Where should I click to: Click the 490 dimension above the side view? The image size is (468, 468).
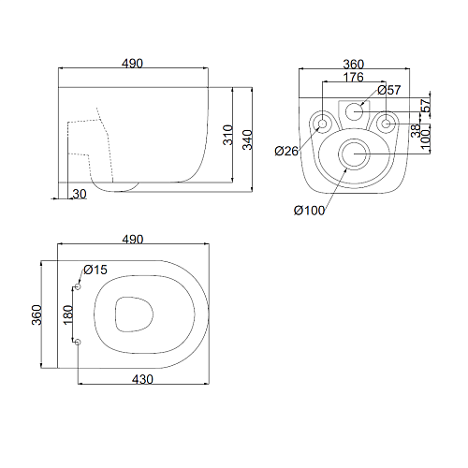coord(132,64)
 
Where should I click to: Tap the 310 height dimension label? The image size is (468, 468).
coord(228,135)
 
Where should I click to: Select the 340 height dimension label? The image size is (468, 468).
coord(248,140)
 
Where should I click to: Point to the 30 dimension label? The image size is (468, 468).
coord(80,194)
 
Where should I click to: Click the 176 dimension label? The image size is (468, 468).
coord(354,77)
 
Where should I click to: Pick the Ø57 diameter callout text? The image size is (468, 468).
coord(389,90)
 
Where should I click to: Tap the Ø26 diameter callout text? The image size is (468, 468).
coord(286,152)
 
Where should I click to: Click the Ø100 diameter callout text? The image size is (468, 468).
coord(309,211)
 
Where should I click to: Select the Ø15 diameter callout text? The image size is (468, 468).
coord(95,270)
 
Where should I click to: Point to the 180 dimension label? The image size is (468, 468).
coord(68,315)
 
